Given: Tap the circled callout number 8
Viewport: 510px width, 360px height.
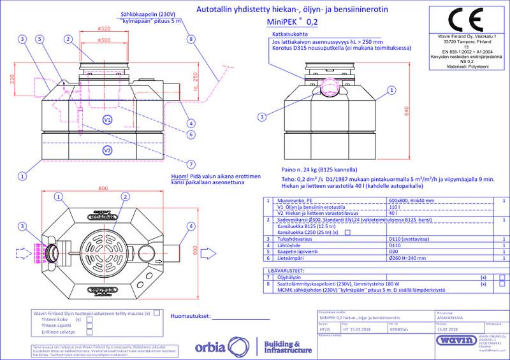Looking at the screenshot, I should [x=191, y=38].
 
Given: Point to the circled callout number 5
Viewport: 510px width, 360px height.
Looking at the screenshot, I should [x=41, y=38].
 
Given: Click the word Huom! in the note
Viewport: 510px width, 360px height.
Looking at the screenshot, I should [x=171, y=175].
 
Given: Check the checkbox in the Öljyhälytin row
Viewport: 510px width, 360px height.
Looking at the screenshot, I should [x=502, y=278].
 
